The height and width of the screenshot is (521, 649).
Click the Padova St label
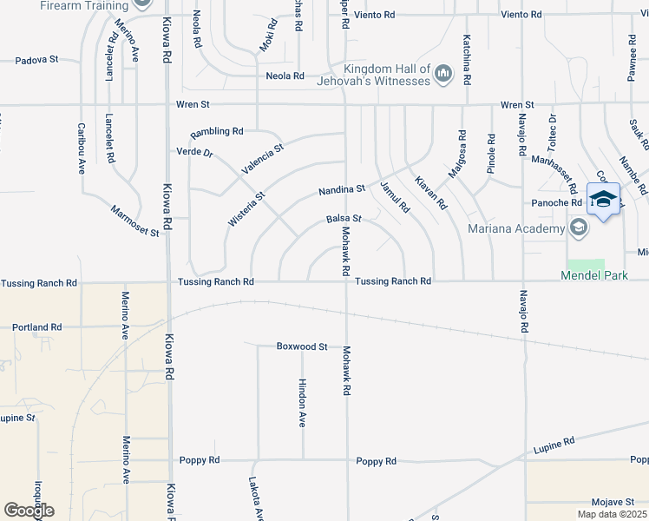pyautogui.click(x=36, y=60)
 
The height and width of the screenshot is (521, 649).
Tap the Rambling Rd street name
pyautogui.click(x=217, y=131)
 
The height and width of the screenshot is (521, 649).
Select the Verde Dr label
pyautogui.click(x=194, y=152)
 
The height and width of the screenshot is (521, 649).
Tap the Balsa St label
pyautogui.click(x=343, y=219)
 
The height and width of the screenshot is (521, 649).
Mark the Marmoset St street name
pyautogui.click(x=134, y=221)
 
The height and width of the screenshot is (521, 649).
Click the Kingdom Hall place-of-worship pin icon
pyautogui.click(x=444, y=75)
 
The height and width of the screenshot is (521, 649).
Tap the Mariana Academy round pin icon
pyautogui.click(x=579, y=228)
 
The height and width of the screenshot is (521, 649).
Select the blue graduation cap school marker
pyautogui.click(x=603, y=200)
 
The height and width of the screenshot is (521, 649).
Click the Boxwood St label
pyautogui.click(x=301, y=346)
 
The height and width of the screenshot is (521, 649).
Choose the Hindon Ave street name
pyautogui.click(x=302, y=402)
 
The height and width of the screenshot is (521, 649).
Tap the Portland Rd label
pyautogui.click(x=36, y=327)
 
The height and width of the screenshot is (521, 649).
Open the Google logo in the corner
pyautogui.click(x=29, y=511)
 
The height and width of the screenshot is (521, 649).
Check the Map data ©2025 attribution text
pyautogui.click(x=611, y=514)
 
